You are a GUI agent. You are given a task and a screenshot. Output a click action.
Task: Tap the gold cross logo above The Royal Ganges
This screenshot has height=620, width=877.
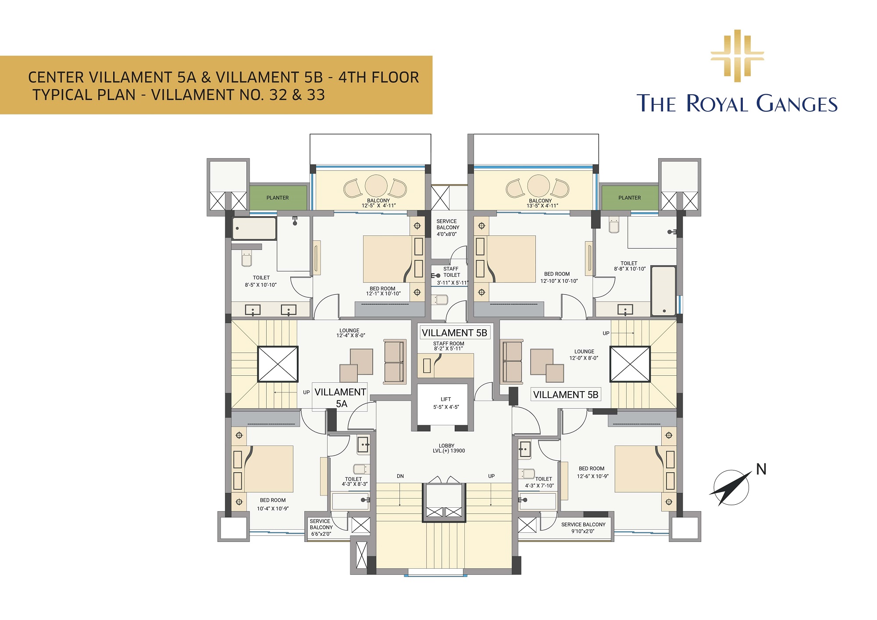(x=737, y=56)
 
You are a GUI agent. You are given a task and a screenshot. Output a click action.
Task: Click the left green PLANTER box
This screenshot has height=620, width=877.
(x=278, y=198)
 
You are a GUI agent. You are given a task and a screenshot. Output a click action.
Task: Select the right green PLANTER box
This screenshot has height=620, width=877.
(x=630, y=198)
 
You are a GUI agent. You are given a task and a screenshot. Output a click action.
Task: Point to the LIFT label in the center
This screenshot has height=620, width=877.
(x=446, y=399)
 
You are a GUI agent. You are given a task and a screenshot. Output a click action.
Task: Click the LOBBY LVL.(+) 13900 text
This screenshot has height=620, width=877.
(x=448, y=448)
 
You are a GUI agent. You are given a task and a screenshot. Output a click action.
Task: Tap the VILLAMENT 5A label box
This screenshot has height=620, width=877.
(x=340, y=398)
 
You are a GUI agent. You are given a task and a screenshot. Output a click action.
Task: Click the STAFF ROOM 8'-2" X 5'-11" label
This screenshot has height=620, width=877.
(x=449, y=346)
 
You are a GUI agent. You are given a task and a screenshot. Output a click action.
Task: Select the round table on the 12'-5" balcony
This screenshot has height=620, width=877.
(x=376, y=185)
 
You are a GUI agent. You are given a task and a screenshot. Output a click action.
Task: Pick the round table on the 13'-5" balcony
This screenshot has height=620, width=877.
(x=538, y=185)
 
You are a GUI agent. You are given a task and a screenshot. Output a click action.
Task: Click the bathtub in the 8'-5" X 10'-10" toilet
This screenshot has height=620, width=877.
(x=254, y=228)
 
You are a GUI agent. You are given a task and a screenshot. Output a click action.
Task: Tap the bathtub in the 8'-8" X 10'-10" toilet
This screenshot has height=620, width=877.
(x=663, y=291)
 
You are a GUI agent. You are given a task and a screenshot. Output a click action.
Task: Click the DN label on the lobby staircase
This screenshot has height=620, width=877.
(x=400, y=476)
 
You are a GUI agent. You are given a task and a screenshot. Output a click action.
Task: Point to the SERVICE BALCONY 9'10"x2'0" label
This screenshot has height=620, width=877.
(x=583, y=528)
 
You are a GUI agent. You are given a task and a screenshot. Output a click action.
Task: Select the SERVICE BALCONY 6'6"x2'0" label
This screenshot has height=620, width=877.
(x=321, y=527)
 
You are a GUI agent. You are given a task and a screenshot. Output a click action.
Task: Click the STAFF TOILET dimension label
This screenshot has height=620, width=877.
(x=453, y=283)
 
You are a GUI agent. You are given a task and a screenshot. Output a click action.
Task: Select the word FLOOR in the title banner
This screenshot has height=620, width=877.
(x=395, y=77)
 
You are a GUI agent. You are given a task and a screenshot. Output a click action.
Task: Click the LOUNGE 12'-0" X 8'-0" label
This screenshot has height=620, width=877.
(x=584, y=355)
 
